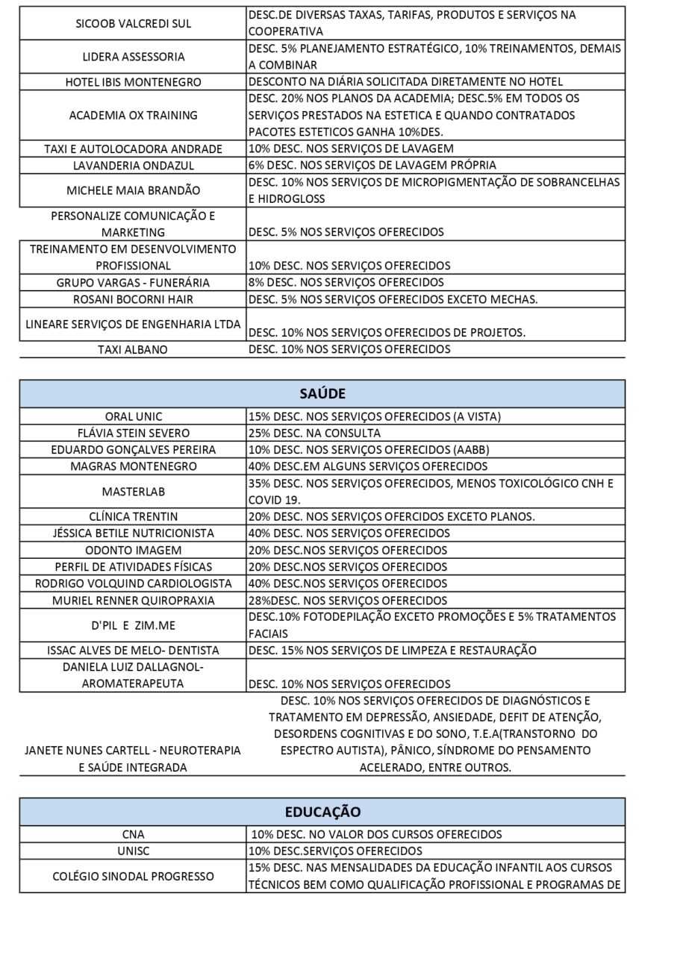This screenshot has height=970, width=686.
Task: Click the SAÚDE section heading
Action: point(322,393)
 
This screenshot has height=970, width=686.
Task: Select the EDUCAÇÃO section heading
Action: point(322,811)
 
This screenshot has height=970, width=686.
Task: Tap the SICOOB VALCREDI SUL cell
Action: point(133,23)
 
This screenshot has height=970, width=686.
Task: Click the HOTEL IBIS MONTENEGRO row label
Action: point(133,82)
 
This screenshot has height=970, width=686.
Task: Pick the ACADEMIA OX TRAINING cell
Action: point(133,115)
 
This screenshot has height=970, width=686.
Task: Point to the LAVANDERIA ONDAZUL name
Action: point(133,165)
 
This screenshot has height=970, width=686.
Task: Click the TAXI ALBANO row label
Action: point(133,349)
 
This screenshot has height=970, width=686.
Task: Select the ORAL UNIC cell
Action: point(133,416)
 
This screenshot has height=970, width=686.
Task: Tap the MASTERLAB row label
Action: point(133,492)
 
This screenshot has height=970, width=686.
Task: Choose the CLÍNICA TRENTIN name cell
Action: point(133,516)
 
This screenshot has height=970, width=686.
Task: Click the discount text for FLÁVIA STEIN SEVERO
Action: point(314,433)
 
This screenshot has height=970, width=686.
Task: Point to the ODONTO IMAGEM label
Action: point(133,550)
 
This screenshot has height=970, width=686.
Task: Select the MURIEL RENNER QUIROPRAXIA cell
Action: point(133,600)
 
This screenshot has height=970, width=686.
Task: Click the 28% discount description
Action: point(348,600)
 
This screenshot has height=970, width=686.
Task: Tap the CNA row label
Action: point(133,834)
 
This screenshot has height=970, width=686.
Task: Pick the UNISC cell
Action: point(133,851)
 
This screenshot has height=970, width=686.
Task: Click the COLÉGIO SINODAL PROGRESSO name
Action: point(133,876)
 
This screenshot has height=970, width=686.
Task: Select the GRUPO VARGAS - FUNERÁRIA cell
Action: point(133,282)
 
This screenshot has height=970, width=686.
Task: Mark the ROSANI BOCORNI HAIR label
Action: point(133,299)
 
